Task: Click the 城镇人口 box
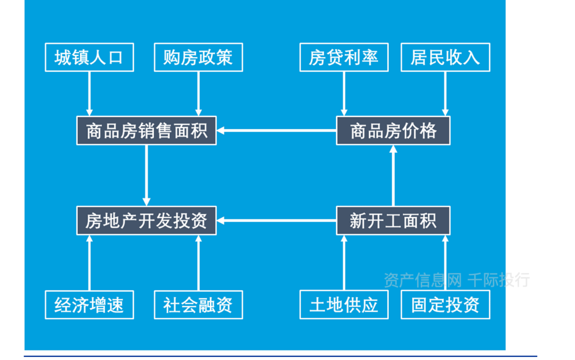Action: [89, 58]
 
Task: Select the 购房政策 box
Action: [198, 58]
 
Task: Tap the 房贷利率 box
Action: [344, 58]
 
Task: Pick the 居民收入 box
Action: [445, 58]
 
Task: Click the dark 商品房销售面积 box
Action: [146, 131]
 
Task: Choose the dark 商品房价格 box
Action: [393, 131]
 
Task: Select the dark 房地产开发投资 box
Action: [146, 221]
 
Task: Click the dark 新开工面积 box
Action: [393, 221]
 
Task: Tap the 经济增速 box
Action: [89, 305]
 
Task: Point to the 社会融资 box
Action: [198, 305]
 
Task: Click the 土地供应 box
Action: [344, 305]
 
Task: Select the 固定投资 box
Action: [445, 305]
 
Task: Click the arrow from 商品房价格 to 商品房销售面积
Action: [276, 131]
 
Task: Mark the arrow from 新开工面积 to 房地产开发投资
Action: [276, 221]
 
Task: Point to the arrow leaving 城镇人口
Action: [89, 93]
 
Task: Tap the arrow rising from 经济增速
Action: [89, 263]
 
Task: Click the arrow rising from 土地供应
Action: [344, 263]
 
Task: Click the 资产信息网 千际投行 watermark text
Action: [456, 280]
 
